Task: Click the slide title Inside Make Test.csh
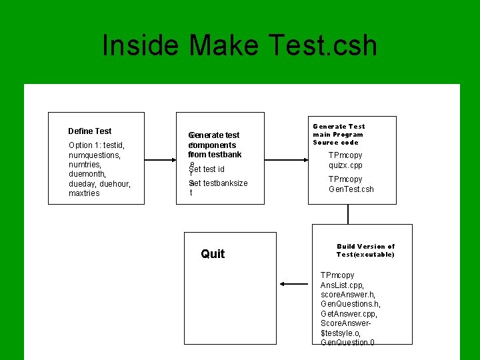pos(239,45)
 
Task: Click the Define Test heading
pos(90,131)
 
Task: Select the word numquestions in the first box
pos(94,155)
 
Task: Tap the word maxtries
pos(84,193)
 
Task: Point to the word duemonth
pos(87,174)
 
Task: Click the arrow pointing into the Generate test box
pos(175,160)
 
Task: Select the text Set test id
pos(207,169)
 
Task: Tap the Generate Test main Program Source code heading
pos(339,134)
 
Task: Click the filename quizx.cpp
pos(345,165)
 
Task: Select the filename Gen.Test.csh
pos(351,189)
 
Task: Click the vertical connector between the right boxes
pos(348,214)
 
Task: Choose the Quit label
pos(213,253)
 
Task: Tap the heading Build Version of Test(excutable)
pos(365,250)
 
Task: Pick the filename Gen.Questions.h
pos(351,304)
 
